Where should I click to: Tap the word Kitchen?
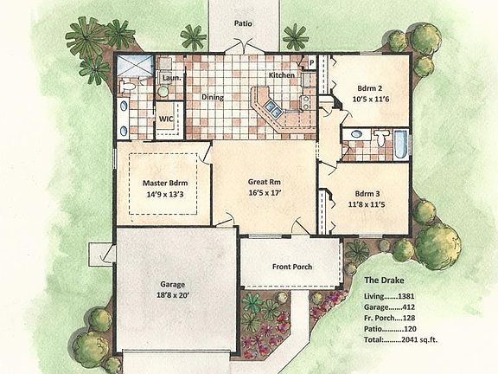click(282, 76)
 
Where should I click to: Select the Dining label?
click(213, 97)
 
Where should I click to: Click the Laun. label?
click(169, 78)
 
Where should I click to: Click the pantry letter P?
click(311, 64)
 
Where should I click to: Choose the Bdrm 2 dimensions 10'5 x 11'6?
click(371, 100)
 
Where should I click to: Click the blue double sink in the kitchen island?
click(271, 109)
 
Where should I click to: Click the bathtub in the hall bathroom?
click(400, 144)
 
